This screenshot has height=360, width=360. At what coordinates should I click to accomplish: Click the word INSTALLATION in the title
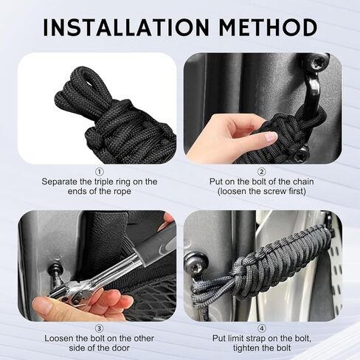(126, 27)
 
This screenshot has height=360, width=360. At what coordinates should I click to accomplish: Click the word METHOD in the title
(268, 27)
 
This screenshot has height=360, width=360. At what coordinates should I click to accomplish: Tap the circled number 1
(99, 172)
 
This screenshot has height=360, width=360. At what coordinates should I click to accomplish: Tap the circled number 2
(262, 172)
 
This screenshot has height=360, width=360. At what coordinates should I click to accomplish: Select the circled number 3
(99, 328)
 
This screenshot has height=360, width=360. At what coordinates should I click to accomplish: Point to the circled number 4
(262, 328)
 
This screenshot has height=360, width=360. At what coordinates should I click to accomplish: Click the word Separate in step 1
(60, 182)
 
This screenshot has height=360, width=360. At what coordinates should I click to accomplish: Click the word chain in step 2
(303, 181)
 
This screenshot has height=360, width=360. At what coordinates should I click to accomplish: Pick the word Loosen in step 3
(58, 339)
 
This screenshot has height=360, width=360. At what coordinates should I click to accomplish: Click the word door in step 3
(120, 348)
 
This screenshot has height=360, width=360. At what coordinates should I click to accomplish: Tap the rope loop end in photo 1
(80, 77)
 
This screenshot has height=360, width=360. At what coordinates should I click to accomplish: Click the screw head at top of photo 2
(316, 63)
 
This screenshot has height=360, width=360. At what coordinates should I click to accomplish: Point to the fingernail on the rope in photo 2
(272, 136)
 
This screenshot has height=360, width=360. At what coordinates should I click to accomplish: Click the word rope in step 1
(122, 192)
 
